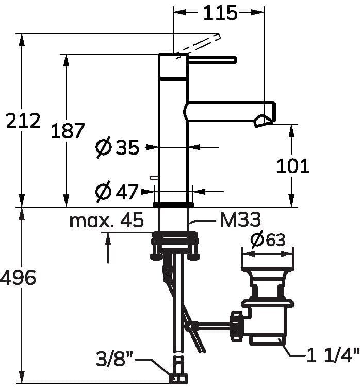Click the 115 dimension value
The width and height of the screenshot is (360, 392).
point(220,13)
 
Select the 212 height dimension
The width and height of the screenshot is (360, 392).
point(23,121)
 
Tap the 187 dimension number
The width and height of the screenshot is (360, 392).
point(67,131)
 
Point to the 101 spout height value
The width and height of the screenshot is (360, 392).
point(293,166)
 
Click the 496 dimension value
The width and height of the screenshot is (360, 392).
point(18,278)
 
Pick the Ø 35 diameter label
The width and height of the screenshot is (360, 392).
point(118,148)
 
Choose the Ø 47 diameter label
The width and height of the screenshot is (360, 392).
point(118,192)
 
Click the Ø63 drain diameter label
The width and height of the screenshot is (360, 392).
point(268,240)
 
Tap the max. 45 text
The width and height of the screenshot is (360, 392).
point(106,221)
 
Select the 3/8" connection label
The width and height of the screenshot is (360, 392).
point(115,356)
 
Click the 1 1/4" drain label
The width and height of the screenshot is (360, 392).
point(333,355)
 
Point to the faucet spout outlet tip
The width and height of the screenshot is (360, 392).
point(263,121)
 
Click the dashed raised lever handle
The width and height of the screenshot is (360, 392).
point(199,45)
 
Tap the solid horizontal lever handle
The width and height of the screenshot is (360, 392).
point(212,60)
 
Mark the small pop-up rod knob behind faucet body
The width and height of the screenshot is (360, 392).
point(153,177)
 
